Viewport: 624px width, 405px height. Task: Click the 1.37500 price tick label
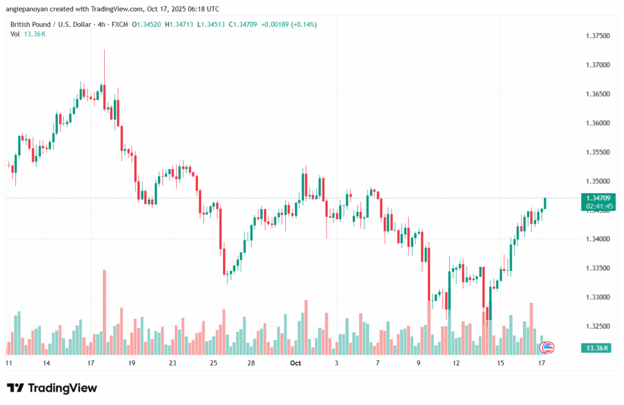click(x=598, y=36)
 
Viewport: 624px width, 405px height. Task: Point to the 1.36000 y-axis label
click(x=598, y=123)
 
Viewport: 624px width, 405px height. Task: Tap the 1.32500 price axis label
click(x=598, y=326)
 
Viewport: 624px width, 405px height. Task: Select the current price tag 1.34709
click(x=598, y=197)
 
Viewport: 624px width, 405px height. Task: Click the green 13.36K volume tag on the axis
click(x=598, y=348)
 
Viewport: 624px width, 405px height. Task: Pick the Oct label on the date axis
click(x=296, y=364)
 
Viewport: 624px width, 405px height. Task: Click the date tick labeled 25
click(x=214, y=364)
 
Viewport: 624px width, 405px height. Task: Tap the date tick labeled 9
click(x=419, y=364)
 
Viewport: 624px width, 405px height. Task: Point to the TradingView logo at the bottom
click(x=52, y=388)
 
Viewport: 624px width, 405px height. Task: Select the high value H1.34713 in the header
click(x=181, y=24)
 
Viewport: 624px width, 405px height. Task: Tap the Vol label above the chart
click(x=15, y=33)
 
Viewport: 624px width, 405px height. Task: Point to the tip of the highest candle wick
click(x=104, y=51)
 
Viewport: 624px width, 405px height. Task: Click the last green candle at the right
click(x=545, y=203)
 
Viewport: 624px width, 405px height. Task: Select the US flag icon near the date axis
click(x=548, y=348)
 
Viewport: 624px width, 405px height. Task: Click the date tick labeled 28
click(x=251, y=364)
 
